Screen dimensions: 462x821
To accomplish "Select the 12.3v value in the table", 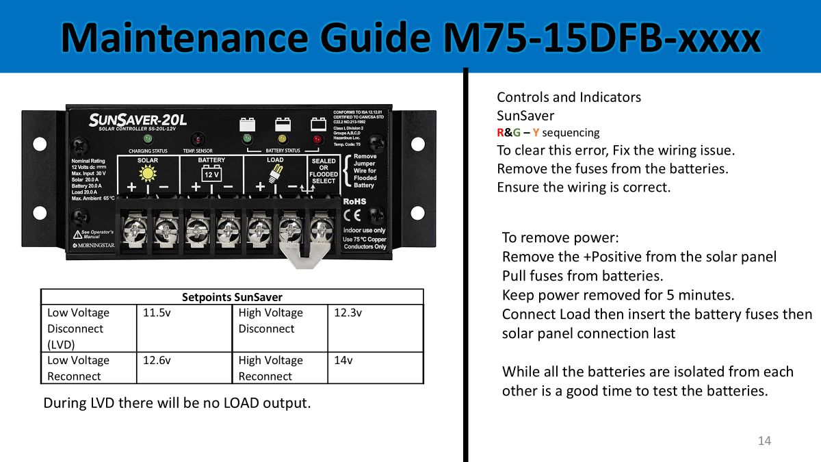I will coord(348,313).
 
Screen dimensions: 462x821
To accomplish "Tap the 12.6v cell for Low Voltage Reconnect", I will coord(157,360).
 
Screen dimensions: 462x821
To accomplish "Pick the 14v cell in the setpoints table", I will coord(343,360).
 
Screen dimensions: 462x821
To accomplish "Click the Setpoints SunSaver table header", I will coord(232,297).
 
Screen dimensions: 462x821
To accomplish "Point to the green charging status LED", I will coord(147,139).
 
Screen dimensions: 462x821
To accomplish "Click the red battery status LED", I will coord(317,140).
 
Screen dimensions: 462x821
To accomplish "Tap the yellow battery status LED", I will coord(282,140).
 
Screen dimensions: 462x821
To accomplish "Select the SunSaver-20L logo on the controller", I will coord(134,120).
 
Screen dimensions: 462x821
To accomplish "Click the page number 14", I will coord(764,441).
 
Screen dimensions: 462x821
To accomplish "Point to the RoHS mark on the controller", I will coord(354,201).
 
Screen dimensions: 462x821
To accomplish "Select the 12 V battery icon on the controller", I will coord(211,173).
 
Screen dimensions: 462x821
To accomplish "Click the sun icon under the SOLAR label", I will coord(147,174).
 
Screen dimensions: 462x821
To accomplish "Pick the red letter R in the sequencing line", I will coord(501,133).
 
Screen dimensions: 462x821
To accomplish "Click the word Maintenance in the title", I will coord(167,38).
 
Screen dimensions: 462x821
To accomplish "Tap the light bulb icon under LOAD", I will coord(275,174).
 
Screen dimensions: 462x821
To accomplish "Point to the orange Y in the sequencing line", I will coord(536,133).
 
